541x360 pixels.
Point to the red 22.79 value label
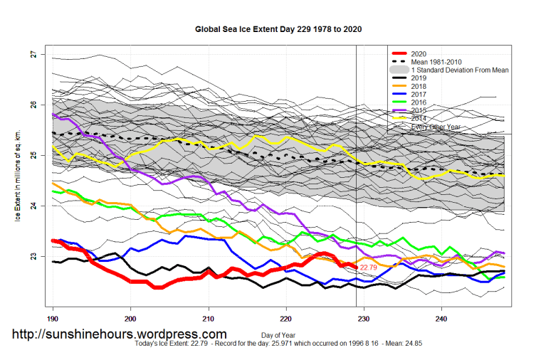tap(369, 268)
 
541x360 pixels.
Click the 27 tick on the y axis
tap(33, 54)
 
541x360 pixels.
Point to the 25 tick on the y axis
tap(33, 155)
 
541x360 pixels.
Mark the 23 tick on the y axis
tap(33, 256)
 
